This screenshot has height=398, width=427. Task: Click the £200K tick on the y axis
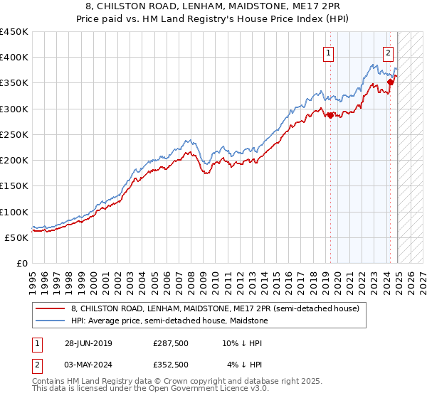(x=14, y=161)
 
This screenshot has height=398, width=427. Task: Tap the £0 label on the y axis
(x=22, y=264)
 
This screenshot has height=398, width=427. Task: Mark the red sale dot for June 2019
(x=330, y=115)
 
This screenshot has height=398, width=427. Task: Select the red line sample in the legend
(x=51, y=308)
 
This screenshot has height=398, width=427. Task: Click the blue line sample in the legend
(x=51, y=321)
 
